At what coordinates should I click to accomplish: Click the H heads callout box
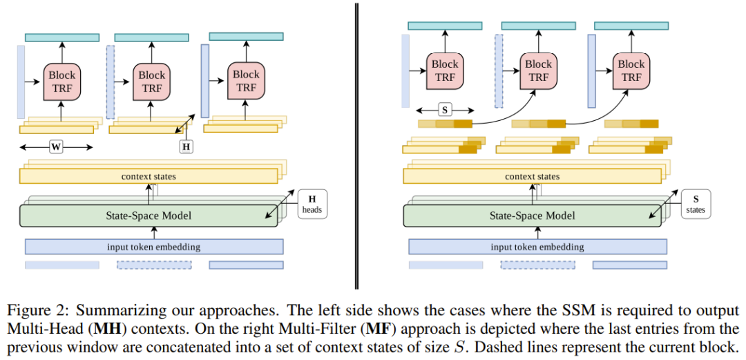[313, 205]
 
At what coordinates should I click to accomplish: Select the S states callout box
[696, 205]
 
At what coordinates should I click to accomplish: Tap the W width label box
[56, 147]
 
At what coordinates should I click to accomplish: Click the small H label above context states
[186, 147]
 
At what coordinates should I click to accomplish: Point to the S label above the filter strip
[445, 110]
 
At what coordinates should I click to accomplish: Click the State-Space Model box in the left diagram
[148, 216]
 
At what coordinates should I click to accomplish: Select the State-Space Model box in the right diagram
[532, 216]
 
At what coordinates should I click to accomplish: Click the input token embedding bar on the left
[154, 247]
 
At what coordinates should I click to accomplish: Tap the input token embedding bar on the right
[538, 247]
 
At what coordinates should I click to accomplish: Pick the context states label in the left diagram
[149, 177]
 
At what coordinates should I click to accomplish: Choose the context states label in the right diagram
[532, 177]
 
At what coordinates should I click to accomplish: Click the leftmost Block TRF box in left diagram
[62, 82]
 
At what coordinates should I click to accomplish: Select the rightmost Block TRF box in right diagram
[631, 71]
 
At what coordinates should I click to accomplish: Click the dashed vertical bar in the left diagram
[111, 82]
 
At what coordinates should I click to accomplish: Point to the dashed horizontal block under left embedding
[154, 265]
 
